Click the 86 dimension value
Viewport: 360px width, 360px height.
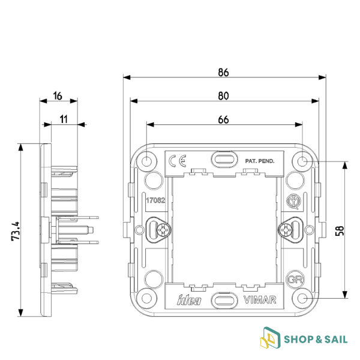223,73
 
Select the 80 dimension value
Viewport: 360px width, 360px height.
223,95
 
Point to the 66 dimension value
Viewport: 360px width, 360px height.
223,119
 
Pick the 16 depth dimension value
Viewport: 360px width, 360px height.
58,95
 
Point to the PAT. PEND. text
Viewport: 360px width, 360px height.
259,161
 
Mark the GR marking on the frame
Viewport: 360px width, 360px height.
293,279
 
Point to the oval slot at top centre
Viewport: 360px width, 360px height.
224,160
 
